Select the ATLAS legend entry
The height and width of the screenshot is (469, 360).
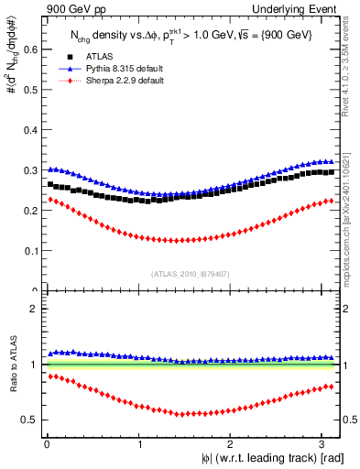(92, 55)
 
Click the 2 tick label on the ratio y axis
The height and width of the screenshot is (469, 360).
(33, 309)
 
